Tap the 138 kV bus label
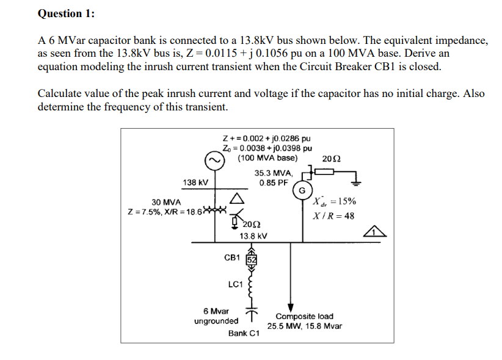click(x=195, y=182)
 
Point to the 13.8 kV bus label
click(x=253, y=236)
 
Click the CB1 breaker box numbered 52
click(x=250, y=258)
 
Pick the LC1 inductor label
click(x=235, y=284)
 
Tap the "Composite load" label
click(x=304, y=316)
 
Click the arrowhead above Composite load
click(x=291, y=307)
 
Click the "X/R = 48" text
click(x=333, y=216)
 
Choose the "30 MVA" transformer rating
click(x=166, y=202)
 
